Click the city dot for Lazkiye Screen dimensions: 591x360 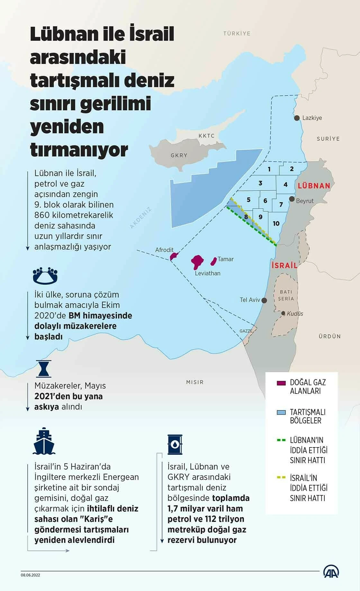[x=297, y=118]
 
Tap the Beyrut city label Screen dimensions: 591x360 [x=304, y=201]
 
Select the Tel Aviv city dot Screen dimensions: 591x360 [x=264, y=300]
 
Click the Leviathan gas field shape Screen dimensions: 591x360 [x=197, y=262]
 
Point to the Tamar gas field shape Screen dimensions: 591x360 [x=213, y=261]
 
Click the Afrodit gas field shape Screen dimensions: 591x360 [x=174, y=256]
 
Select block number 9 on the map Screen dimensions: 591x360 [x=260, y=217]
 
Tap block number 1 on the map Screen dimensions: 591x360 [x=269, y=169]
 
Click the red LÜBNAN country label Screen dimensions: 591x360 [x=314, y=186]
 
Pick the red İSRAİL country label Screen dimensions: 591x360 [x=284, y=266]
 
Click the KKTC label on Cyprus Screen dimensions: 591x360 [x=206, y=136]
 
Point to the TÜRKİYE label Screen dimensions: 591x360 [x=237, y=33]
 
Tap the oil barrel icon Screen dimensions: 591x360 [x=175, y=444]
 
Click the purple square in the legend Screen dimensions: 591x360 [x=281, y=383]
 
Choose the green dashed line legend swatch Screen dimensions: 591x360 [x=281, y=440]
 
